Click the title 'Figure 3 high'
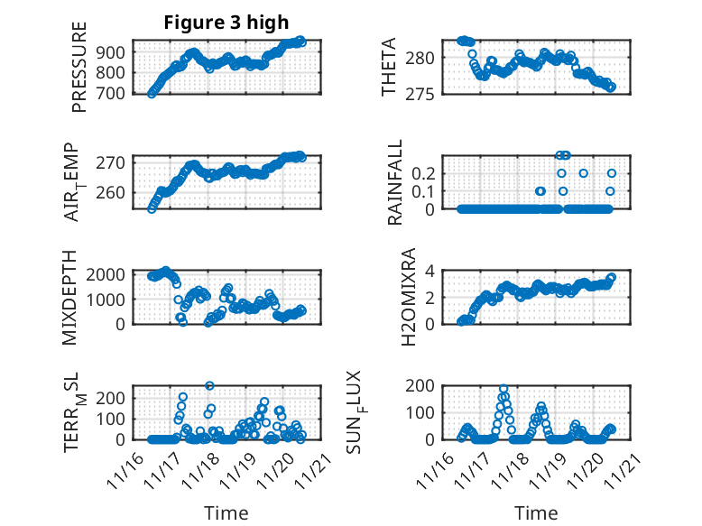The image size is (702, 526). point(226,23)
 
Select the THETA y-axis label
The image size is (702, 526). point(390,68)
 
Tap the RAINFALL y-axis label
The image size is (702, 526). point(395,182)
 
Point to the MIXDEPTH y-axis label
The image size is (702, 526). point(70,297)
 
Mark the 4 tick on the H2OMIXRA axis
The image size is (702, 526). point(431,271)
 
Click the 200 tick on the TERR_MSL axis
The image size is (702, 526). point(114,398)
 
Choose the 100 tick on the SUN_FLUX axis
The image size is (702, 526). point(423,412)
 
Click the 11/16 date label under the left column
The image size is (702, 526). point(125,471)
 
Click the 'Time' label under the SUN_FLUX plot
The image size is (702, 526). point(536,512)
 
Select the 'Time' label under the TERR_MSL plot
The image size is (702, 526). point(226,512)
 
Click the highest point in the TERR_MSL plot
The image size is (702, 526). point(209,385)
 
